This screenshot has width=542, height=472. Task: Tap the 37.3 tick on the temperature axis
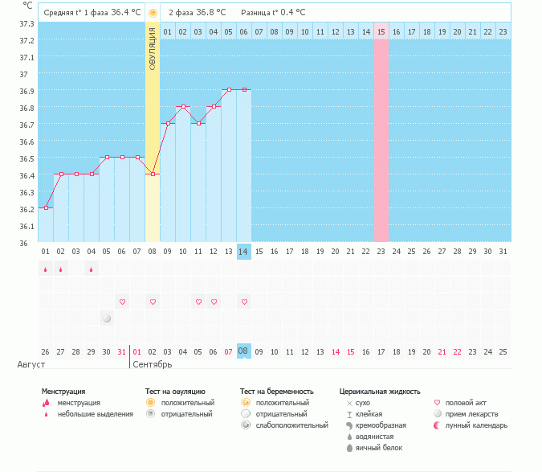(x=26, y=23)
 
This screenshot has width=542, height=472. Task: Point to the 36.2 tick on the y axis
(x=26, y=209)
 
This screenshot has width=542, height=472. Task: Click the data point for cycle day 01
(x=46, y=207)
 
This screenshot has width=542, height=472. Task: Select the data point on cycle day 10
(x=183, y=106)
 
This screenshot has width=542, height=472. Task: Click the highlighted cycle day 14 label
(x=244, y=252)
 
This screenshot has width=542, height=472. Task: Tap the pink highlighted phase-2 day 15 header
(x=381, y=31)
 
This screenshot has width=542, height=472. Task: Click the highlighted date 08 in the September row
(x=244, y=351)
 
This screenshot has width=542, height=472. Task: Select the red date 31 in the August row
(x=122, y=351)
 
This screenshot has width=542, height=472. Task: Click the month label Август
(x=31, y=365)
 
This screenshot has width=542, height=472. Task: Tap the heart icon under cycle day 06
(x=122, y=302)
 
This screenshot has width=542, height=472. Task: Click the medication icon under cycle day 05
(x=107, y=318)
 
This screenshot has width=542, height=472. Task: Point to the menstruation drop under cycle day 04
(x=92, y=269)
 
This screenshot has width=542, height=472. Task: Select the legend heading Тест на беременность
(x=276, y=392)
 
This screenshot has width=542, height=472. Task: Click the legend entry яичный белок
(x=373, y=447)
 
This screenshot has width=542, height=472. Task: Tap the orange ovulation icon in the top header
(x=153, y=13)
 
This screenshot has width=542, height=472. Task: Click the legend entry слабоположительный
(x=280, y=425)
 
